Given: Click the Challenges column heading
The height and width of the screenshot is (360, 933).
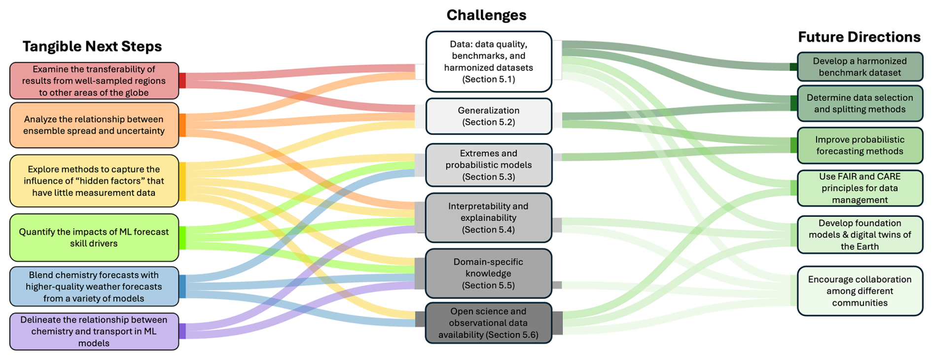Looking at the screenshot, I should pos(486,15).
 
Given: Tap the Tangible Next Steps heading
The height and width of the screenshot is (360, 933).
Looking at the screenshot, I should pos(92,46).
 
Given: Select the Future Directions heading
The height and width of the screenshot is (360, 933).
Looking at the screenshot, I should pos(859,37).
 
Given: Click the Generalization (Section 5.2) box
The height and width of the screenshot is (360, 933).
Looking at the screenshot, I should pos(488,116).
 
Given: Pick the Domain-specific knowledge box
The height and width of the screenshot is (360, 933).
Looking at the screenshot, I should pos(488,273).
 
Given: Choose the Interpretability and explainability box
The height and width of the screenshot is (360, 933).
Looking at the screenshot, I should pos(488,217).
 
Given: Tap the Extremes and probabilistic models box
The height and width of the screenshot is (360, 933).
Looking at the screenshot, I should pos(488,165).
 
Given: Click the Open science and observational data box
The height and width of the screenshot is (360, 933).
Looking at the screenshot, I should pos(488,323).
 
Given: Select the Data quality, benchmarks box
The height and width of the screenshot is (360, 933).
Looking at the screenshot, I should pos(488,62).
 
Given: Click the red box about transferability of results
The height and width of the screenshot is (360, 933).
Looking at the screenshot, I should pos(94,81).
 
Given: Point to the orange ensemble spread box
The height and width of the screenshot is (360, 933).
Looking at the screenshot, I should pos(94,125).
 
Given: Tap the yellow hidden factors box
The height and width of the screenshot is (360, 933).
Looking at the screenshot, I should pos(94,181).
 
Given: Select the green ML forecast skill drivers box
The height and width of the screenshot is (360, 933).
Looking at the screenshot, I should pos(94,237).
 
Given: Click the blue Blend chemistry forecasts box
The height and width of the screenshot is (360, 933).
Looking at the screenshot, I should pos(94,287).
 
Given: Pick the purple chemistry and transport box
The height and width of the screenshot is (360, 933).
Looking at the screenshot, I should pos(94,331).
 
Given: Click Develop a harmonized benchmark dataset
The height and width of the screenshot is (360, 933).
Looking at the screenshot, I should pos(860,67).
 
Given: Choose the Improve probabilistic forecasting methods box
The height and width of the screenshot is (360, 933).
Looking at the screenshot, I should pos(860,145).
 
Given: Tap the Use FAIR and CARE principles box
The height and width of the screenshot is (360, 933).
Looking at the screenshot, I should pos(860,188).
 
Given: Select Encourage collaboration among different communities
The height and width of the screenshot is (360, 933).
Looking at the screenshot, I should pos(860,291).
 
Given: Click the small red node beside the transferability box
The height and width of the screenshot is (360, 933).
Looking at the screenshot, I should pos(182,80).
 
